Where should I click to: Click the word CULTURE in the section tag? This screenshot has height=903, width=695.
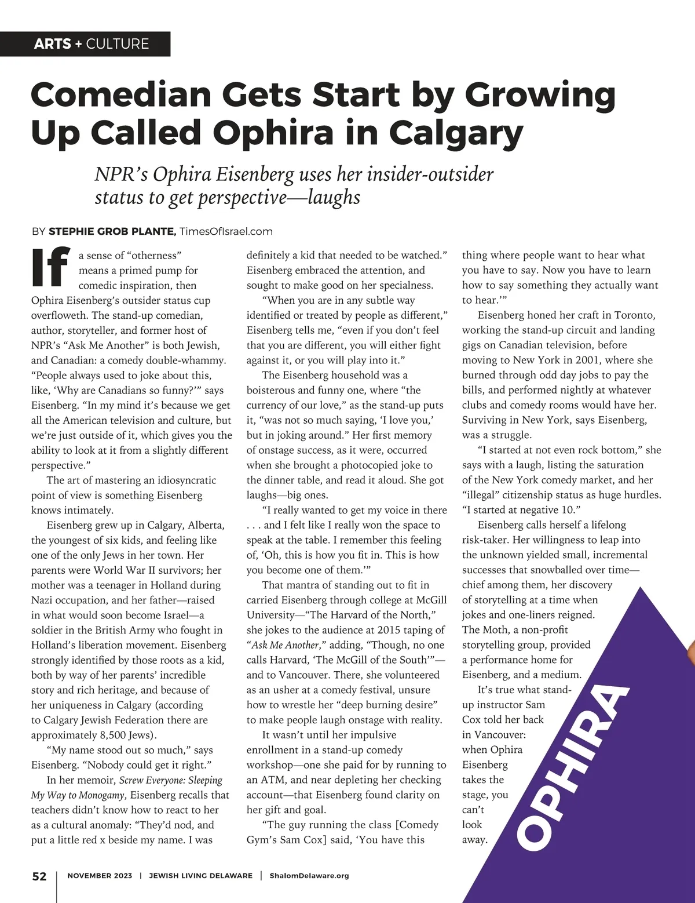pos(118,44)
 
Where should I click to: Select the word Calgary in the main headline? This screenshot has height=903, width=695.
pos(456,133)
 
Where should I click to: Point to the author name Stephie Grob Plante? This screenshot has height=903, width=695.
pos(112,231)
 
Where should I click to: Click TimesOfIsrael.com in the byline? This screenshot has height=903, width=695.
pos(226,231)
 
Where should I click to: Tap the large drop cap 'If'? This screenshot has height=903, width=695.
pos(50,268)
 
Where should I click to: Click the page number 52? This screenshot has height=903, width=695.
pos(39,876)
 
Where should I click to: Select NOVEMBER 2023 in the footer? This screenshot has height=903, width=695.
pos(100,876)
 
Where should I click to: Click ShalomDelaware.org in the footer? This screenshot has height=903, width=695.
pos(309,876)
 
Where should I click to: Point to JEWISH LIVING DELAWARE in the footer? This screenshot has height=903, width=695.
pos(201,876)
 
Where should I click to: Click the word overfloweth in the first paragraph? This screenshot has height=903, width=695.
pos(59,315)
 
